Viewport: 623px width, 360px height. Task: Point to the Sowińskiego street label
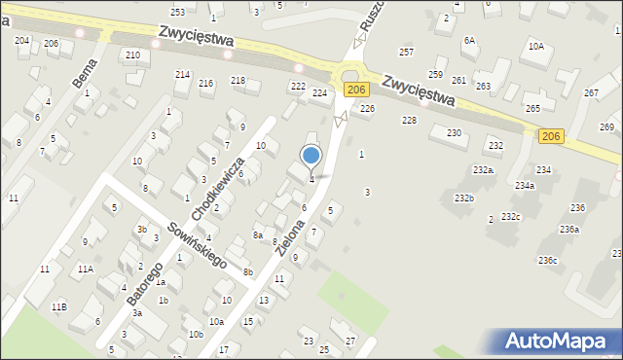[x=196, y=243]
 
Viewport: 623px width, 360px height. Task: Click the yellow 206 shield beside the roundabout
[x=356, y=90]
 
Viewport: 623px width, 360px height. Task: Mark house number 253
[x=177, y=12]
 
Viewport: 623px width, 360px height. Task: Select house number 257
[x=406, y=52]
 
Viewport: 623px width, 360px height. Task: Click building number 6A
[x=469, y=40]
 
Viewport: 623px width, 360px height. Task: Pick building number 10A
[x=536, y=46]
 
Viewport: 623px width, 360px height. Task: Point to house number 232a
[x=483, y=170]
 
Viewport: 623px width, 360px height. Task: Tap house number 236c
[x=548, y=260]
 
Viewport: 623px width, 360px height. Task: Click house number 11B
[x=59, y=306]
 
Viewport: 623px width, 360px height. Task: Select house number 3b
[x=142, y=230]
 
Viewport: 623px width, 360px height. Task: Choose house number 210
[x=131, y=54]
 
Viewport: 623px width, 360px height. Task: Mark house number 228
[x=409, y=120]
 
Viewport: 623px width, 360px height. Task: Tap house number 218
[x=238, y=80]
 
